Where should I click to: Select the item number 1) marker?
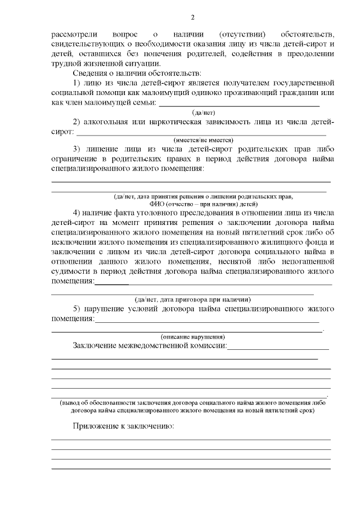(x=77, y=83)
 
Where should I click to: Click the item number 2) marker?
(x=77, y=122)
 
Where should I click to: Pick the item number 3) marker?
(x=77, y=149)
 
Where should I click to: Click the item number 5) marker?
(x=77, y=309)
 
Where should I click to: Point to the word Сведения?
(x=91, y=73)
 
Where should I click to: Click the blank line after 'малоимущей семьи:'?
(x=239, y=105)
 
